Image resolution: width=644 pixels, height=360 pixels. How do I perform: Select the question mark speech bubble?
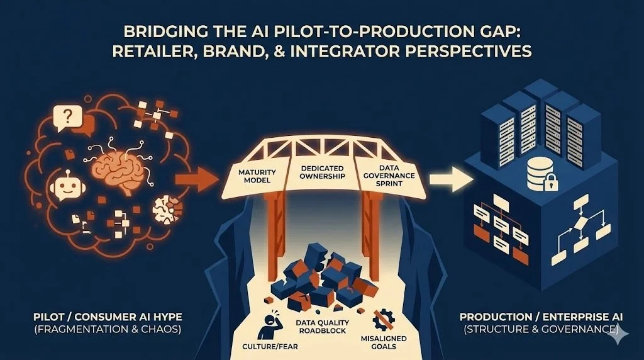point(65,116)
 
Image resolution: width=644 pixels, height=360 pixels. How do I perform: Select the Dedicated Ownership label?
point(323,172)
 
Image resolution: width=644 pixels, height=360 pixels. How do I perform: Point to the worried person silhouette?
point(267,323)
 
